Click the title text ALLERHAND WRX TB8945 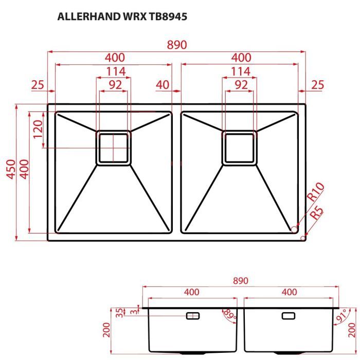coord(122,16)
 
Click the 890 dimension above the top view coord(176,45)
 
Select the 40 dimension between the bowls coord(163,85)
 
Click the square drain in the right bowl coord(239,148)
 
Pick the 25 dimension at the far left coord(37,85)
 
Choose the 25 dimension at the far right coord(317,85)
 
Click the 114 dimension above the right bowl coord(240,71)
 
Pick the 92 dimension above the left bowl coord(115,85)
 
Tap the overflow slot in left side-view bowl coord(193,315)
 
